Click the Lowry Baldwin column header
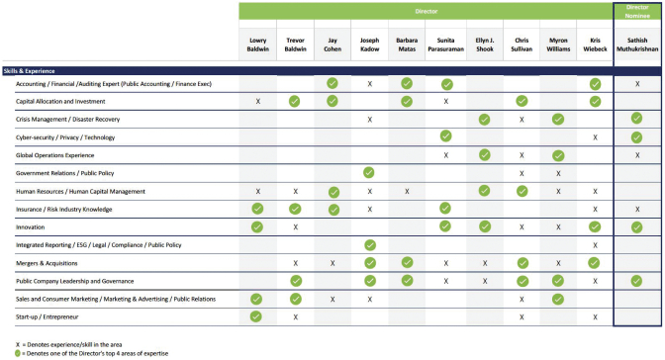click(258, 45)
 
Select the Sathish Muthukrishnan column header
click(637, 45)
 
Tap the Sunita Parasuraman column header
click(445, 45)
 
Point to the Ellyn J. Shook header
click(484, 45)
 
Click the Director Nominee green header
click(637, 12)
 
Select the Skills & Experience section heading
click(30, 71)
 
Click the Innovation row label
click(30, 227)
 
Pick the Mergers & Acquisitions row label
click(47, 263)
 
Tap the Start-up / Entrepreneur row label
click(47, 316)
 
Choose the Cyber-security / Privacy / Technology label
click(65, 137)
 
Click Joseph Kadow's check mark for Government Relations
click(369, 172)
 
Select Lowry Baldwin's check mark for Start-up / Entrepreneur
click(256, 316)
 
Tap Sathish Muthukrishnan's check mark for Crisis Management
click(636, 119)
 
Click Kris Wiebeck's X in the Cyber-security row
click(595, 137)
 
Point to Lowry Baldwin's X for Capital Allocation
click(258, 102)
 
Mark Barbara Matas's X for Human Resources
click(407, 192)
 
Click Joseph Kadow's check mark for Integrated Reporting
click(370, 245)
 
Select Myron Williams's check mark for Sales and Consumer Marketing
click(558, 299)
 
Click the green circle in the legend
click(18, 353)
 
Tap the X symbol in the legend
click(18, 345)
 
